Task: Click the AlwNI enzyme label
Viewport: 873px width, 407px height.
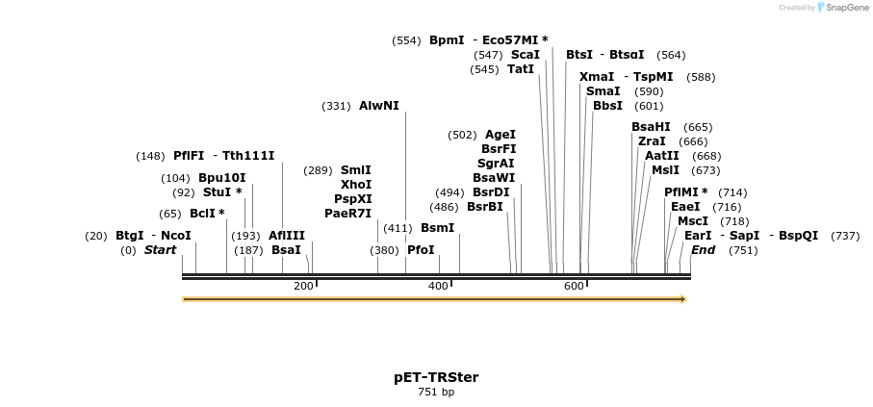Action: (x=378, y=106)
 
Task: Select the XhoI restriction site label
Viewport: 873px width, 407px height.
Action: (x=356, y=184)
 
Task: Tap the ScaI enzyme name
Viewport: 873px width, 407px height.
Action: (x=525, y=55)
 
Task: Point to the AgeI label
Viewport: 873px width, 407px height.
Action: (x=501, y=135)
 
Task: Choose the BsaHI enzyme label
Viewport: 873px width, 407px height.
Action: (x=651, y=127)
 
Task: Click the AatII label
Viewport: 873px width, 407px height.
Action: (x=662, y=156)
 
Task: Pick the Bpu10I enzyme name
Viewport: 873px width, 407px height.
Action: (x=222, y=178)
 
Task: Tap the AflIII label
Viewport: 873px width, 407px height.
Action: (x=287, y=236)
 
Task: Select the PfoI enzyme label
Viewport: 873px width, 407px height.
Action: (x=422, y=250)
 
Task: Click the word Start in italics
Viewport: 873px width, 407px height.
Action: (x=161, y=250)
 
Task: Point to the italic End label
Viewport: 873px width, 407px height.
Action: (x=704, y=250)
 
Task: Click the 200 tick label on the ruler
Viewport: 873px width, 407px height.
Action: (x=303, y=286)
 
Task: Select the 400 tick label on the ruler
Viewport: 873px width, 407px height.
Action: (x=439, y=286)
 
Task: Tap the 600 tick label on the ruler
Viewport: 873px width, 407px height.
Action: (x=575, y=286)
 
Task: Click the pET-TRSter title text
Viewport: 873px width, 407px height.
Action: (x=436, y=377)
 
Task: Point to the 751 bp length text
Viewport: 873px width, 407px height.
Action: (x=436, y=393)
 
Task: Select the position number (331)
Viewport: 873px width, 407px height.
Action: (x=336, y=106)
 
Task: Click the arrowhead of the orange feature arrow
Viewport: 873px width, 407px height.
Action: (x=682, y=299)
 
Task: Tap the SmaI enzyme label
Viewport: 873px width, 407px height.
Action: (x=603, y=91)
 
